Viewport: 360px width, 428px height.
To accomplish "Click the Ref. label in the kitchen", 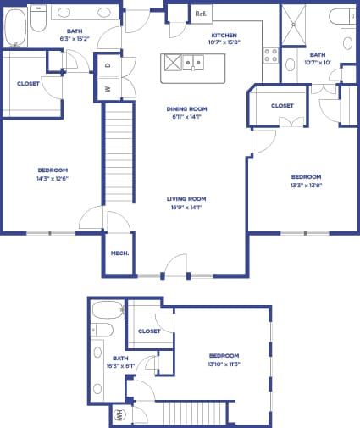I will (x=201, y=14).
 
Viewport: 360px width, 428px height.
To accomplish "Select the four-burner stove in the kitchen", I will (x=271, y=56).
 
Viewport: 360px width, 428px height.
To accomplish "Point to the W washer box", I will (x=108, y=88).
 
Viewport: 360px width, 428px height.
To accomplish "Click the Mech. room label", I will (x=119, y=253).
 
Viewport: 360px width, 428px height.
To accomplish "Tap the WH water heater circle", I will (x=119, y=415).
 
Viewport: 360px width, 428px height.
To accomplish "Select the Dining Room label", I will (x=187, y=109).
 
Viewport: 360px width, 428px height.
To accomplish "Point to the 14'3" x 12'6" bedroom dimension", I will (x=53, y=178).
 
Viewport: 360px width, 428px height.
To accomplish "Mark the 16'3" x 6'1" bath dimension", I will (x=108, y=365).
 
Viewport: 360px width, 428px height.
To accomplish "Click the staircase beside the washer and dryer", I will (x=119, y=153).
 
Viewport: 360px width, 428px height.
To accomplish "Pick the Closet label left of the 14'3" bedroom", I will (x=28, y=83).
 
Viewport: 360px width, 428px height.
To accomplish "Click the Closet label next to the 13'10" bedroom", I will (x=149, y=331).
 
